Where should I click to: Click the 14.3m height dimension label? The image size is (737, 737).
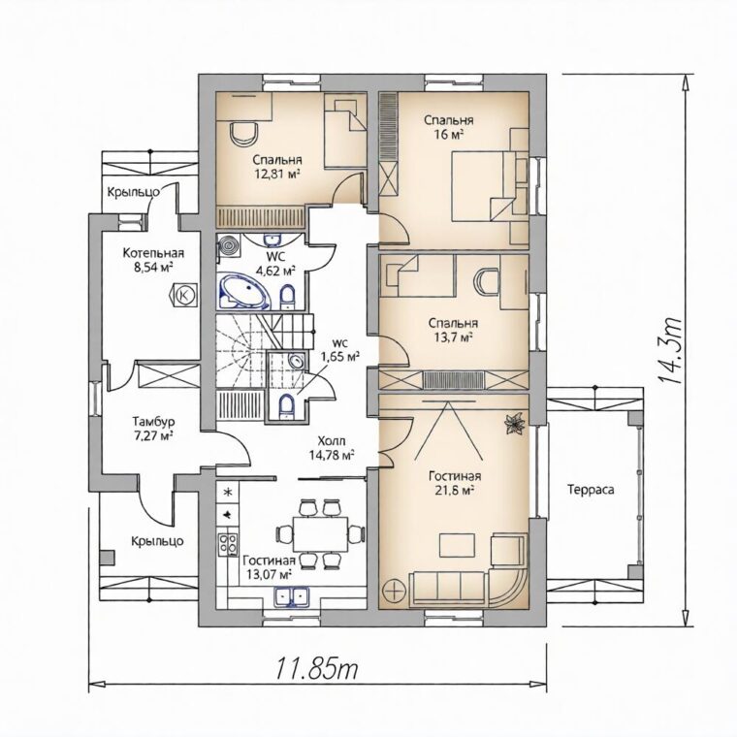pyautogui.click(x=671, y=351)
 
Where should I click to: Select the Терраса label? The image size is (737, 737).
pyautogui.click(x=591, y=490)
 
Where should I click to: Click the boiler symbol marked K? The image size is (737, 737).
pyautogui.click(x=184, y=295)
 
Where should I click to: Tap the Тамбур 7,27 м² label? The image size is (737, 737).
pyautogui.click(x=153, y=428)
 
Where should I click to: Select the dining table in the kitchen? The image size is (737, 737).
pyautogui.click(x=321, y=534)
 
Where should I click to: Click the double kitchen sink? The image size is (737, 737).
pyautogui.click(x=291, y=597)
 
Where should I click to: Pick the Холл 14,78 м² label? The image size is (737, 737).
pyautogui.click(x=332, y=448)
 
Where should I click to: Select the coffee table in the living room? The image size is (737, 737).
pyautogui.click(x=458, y=545)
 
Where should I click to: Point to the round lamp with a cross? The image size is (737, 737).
pyautogui.click(x=394, y=590)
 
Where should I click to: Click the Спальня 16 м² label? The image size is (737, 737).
pyautogui.click(x=448, y=127)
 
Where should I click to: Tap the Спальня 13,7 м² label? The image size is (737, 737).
pyautogui.click(x=453, y=330)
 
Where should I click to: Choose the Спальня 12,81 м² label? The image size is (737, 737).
pyautogui.click(x=277, y=167)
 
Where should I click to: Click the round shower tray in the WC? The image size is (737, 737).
pyautogui.click(x=229, y=246)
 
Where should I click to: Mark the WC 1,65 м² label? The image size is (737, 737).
pyautogui.click(x=339, y=350)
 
